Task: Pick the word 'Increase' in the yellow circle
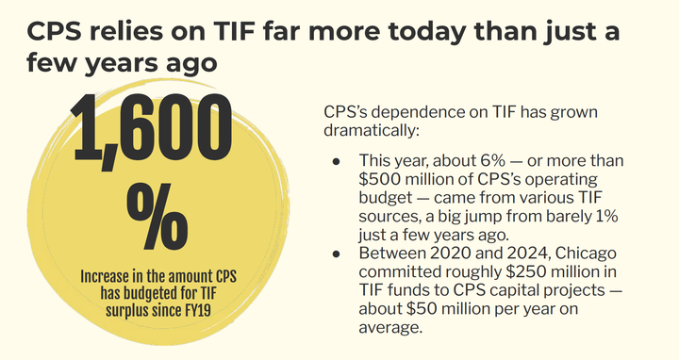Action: pyautogui.click(x=108, y=277)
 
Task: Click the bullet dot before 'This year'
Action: pyautogui.click(x=336, y=161)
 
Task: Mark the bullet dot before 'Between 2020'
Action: pyautogui.click(x=336, y=253)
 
